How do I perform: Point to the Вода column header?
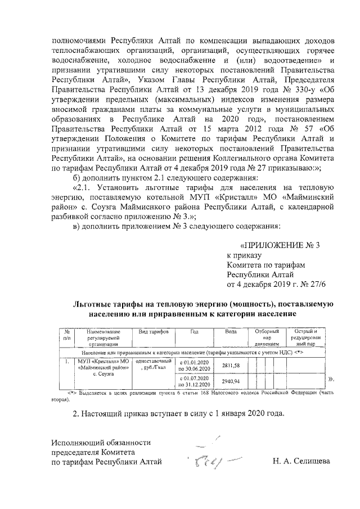(231, 331)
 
